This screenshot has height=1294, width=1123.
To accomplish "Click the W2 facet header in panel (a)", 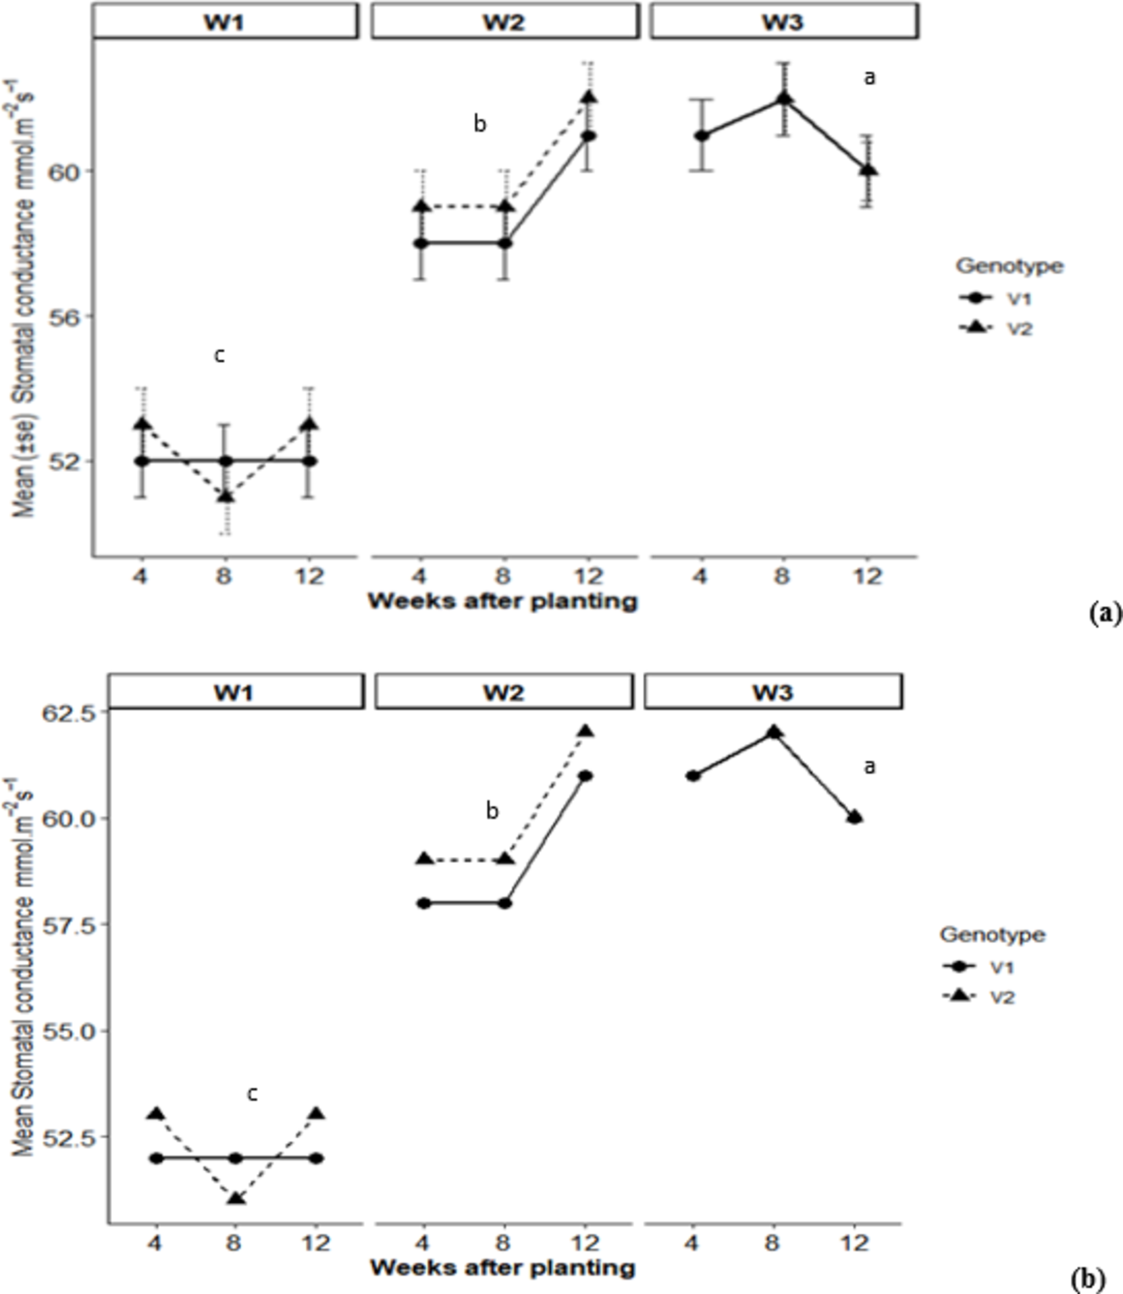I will coord(504,21).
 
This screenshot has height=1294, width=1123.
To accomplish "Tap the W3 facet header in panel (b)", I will coord(773,692).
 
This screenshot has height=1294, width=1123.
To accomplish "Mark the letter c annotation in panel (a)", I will coord(220,356).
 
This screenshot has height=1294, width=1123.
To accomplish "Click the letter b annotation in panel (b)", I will coord(492,812).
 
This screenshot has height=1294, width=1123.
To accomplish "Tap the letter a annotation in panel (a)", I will coord(870,78).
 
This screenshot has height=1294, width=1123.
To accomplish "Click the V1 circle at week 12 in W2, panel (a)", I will coord(589,136).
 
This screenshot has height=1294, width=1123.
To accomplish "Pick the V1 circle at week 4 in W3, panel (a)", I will coord(702,136).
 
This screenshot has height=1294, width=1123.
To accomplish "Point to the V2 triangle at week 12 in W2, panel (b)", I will coord(585,731).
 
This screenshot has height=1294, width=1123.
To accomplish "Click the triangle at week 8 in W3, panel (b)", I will coord(774,731).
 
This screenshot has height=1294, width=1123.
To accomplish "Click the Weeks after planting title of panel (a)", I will coord(503,601).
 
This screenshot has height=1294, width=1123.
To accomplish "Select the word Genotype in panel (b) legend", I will coord(992,935).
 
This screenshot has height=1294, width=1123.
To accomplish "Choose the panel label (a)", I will coord(1105,613).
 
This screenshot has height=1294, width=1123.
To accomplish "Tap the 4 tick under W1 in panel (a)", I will coord(140,577).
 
